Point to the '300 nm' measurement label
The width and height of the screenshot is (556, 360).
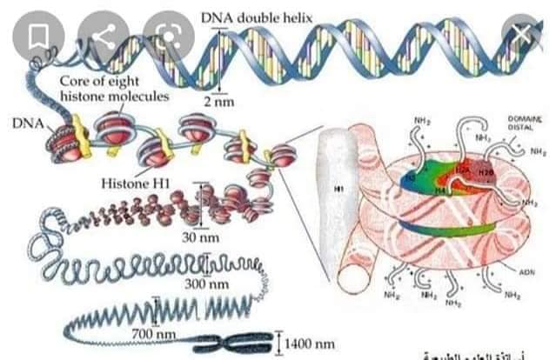pos(207,283)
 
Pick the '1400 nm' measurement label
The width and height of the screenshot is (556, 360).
pos(309,344)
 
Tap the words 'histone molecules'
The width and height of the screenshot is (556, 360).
pos(114,96)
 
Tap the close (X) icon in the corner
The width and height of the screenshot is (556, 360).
pos(521,36)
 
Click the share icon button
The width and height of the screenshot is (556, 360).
pos(104,36)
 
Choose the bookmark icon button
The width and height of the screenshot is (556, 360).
pos(37,36)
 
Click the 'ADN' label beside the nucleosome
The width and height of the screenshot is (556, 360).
pos(526,271)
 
